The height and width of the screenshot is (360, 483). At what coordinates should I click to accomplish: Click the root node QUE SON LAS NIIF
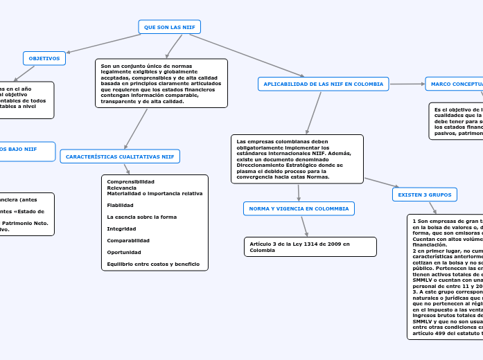(x=170, y=27)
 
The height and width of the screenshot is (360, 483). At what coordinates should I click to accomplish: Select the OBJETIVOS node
(x=44, y=59)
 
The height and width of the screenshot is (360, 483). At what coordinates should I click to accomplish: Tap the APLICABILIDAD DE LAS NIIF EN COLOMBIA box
(x=324, y=84)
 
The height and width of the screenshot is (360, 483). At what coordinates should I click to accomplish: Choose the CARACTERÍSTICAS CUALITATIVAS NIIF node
(x=120, y=157)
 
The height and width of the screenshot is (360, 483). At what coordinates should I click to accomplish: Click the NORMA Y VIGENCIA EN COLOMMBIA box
(x=299, y=208)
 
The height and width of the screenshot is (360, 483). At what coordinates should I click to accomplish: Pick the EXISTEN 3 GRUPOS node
(x=424, y=195)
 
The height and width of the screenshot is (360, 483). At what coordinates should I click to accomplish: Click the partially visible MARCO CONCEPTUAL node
(x=455, y=84)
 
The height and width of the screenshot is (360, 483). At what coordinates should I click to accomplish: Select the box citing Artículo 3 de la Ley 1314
(x=310, y=247)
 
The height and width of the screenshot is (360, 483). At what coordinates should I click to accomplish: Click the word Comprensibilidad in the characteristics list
(x=131, y=181)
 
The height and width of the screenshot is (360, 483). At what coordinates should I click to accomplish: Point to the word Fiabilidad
(x=121, y=205)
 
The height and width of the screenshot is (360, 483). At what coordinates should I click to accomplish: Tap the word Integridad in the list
(x=121, y=228)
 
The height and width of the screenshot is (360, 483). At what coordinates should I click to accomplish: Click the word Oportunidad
(x=124, y=252)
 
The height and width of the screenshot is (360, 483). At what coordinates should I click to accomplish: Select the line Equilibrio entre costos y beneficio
(x=153, y=264)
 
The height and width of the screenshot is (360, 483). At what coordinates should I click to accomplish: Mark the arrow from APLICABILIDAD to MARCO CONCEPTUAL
(x=407, y=84)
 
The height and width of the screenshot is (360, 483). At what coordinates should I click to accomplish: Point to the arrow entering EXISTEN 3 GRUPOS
(x=381, y=183)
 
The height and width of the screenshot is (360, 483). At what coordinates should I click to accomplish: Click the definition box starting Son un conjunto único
(x=161, y=83)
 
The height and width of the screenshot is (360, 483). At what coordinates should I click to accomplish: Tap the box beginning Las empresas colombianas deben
(x=297, y=159)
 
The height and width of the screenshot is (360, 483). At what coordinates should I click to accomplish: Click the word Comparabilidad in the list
(x=128, y=240)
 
